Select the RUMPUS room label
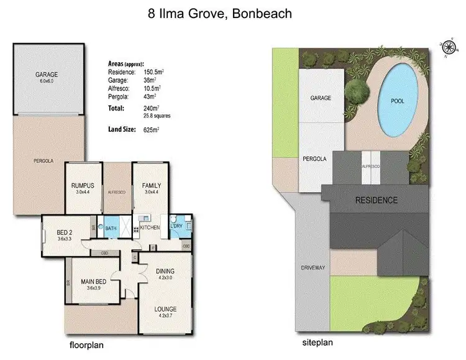(x=83, y=185)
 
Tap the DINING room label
(x=165, y=271)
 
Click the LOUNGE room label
(x=165, y=309)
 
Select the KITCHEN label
(x=150, y=228)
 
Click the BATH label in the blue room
(x=111, y=228)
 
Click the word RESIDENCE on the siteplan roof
(x=375, y=200)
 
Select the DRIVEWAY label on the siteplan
(x=313, y=268)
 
